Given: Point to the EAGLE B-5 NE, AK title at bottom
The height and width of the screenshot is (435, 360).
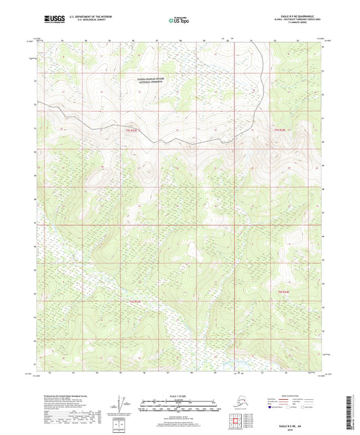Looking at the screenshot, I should click(313, 424).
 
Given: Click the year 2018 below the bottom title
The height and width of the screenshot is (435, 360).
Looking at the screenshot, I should click(313, 428).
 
